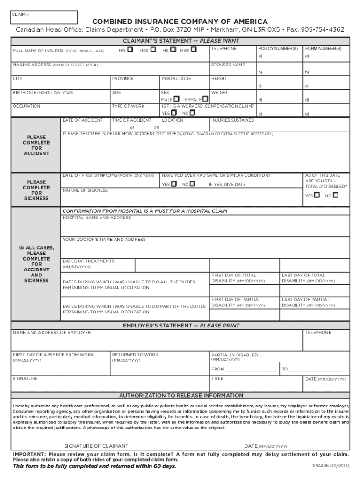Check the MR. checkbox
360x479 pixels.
[130, 50]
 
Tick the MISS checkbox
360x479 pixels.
[194, 50]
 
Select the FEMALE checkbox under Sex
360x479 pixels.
[205, 99]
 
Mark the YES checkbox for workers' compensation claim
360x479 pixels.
[173, 113]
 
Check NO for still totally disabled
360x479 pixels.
[335, 195]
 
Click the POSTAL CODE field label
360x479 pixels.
[176, 79]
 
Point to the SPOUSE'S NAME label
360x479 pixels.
[228, 65]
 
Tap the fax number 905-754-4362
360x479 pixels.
[323, 29]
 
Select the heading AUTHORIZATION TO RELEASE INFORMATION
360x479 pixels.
[181, 395]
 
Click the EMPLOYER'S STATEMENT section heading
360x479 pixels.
[181, 326]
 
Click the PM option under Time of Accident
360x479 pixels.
[157, 127]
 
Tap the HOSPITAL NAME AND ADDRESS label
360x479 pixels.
[97, 218]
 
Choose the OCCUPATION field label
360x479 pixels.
[27, 106]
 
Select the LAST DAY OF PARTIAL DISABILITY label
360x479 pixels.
[308, 302]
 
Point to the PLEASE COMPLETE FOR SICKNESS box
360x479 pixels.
[36, 190]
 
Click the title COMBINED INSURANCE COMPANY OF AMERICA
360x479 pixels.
[180, 22]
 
